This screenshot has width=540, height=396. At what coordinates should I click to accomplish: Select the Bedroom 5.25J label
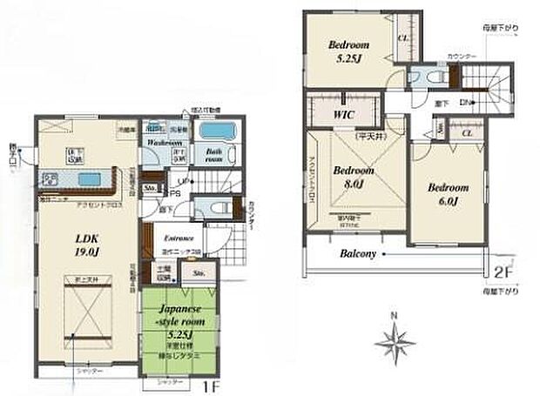tap(348, 51)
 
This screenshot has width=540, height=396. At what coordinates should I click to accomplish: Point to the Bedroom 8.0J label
tap(352, 177)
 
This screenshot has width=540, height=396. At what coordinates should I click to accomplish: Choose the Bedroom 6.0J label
tap(446, 193)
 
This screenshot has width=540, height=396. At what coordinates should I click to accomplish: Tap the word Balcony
tap(358, 254)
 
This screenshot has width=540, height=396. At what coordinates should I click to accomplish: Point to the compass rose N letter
tap(394, 314)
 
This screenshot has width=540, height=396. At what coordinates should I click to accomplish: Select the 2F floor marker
tap(500, 271)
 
